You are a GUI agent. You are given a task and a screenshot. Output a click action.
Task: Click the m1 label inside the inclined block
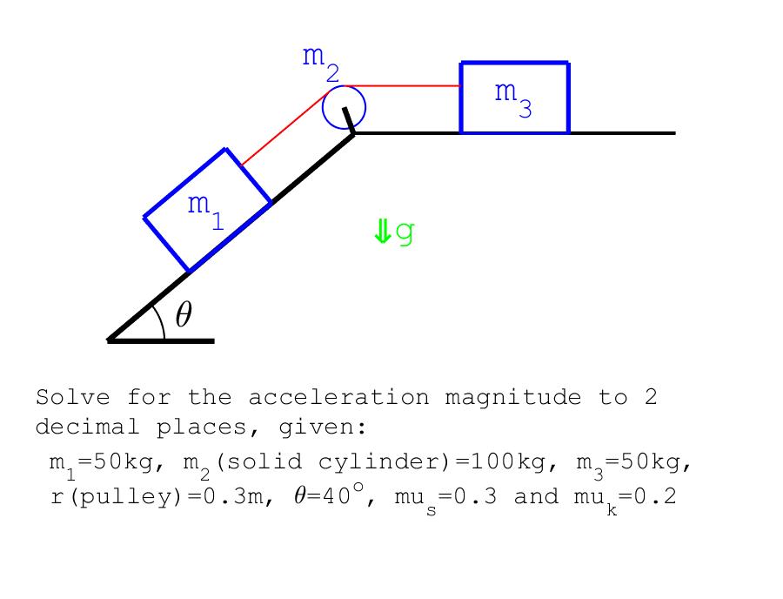[205, 212]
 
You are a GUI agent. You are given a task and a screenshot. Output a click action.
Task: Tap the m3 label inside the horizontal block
[513, 99]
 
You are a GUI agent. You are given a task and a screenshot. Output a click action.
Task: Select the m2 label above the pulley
[321, 64]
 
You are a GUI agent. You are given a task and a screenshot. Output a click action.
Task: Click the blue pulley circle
[344, 107]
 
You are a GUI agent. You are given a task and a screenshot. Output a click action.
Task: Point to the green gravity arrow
[383, 232]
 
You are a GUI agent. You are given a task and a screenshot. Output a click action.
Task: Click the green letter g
[405, 232]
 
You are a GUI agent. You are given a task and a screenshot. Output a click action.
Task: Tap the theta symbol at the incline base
[184, 314]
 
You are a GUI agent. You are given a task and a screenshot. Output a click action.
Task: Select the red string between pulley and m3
[402, 86]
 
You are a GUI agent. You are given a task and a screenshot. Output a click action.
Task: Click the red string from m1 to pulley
[284, 128]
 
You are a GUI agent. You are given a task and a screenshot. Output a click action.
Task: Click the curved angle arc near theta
[161, 320]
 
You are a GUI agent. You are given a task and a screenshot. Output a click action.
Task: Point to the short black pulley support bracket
[349, 120]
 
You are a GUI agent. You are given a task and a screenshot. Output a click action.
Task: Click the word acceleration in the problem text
[338, 398]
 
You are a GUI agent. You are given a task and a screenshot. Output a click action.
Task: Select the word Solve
[73, 397]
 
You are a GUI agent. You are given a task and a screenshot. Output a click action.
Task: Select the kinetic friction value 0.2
[658, 496]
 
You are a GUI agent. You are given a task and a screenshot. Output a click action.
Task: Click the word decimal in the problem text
[87, 427]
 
